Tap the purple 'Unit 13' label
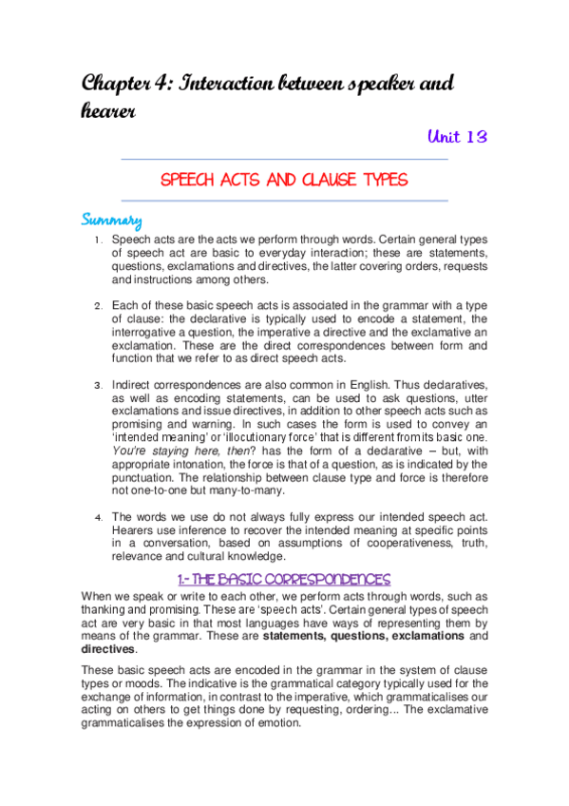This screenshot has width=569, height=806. pyautogui.click(x=457, y=137)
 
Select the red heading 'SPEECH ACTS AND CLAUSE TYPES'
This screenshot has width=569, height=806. pyautogui.click(x=284, y=180)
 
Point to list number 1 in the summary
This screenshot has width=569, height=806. pyautogui.click(x=98, y=241)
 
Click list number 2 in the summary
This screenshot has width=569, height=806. pyautogui.click(x=98, y=307)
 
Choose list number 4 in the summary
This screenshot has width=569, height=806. pyautogui.click(x=98, y=518)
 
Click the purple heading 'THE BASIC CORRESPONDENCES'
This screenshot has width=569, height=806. pyautogui.click(x=284, y=578)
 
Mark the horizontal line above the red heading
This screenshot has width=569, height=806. pyautogui.click(x=284, y=159)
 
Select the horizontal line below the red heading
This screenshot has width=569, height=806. pyautogui.click(x=284, y=201)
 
